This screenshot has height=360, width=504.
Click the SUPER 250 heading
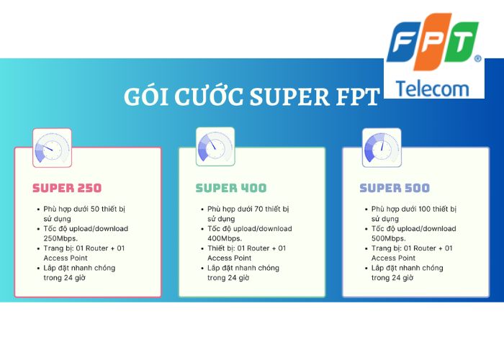click(x=67, y=188)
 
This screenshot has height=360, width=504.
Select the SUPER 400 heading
click(x=230, y=188)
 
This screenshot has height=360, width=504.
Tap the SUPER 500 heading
click(x=395, y=188)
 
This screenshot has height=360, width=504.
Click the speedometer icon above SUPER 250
click(x=52, y=148)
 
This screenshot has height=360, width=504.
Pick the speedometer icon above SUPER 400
click(x=215, y=148)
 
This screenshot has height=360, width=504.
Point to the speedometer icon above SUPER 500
click(x=379, y=148)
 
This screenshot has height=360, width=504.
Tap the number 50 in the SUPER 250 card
click(x=96, y=209)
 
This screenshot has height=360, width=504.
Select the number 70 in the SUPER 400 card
click(x=259, y=209)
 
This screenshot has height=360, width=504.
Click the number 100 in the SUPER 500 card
click(x=425, y=209)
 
